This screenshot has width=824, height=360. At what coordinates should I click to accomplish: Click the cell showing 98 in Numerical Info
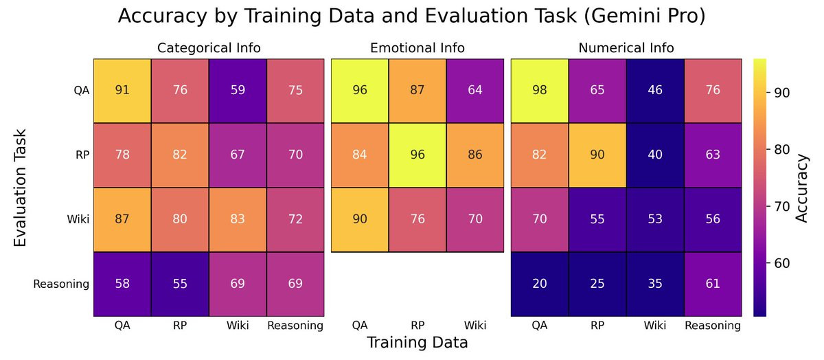[x=540, y=91]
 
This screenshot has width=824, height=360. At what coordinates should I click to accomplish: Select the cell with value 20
[x=540, y=284]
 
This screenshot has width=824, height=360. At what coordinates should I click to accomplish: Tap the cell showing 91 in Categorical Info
[x=122, y=91]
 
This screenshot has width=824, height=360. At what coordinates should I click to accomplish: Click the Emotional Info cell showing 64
[x=475, y=91]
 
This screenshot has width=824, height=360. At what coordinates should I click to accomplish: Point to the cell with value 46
[x=655, y=91]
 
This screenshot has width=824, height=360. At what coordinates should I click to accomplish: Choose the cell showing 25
[x=597, y=284]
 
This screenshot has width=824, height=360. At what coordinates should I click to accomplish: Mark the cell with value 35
[x=655, y=284]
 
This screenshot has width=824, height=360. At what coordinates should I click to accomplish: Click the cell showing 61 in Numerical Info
[x=713, y=284]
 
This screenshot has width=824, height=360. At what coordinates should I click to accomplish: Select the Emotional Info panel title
[x=417, y=48]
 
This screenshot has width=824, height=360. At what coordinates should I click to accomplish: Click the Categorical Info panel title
[x=208, y=48]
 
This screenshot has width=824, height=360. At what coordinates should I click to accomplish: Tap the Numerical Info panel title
[x=626, y=48]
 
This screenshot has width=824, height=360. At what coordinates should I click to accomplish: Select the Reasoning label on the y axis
[x=61, y=284]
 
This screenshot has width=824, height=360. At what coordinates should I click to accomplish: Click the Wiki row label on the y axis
[x=76, y=219]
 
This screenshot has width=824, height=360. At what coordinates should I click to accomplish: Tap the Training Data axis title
[x=417, y=342]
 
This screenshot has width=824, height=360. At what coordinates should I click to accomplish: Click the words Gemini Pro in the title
[x=650, y=16]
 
